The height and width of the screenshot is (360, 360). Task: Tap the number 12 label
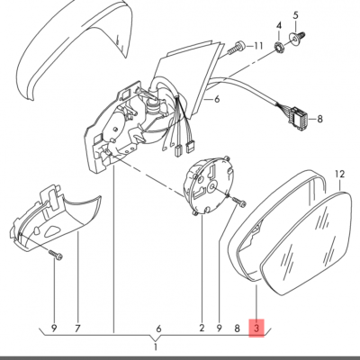point(339,172)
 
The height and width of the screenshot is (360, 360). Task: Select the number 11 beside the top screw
point(258,45)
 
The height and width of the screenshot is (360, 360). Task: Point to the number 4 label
point(279,24)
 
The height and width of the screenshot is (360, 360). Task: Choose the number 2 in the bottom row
point(202,328)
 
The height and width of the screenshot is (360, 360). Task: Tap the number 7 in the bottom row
point(78,328)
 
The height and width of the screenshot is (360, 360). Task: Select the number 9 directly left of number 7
point(53,328)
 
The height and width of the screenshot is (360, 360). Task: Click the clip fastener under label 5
point(300,39)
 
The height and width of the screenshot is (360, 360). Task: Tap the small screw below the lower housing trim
point(56,256)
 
